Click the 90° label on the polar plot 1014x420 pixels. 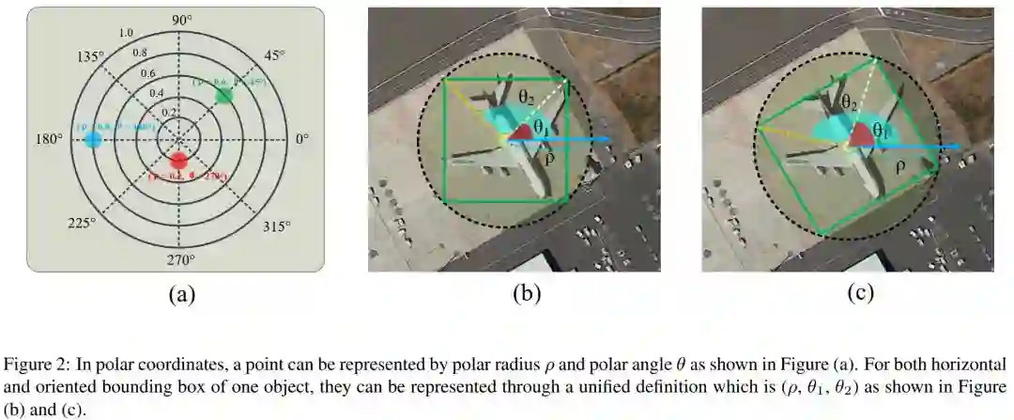pyautogui.click(x=180, y=21)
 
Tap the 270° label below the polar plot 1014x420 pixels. pyautogui.click(x=180, y=259)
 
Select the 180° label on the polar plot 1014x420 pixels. pyautogui.click(x=49, y=139)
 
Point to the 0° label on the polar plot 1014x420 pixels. pyautogui.click(x=302, y=139)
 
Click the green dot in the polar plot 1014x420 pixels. pyautogui.click(x=223, y=95)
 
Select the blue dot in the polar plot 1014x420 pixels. pyautogui.click(x=92, y=140)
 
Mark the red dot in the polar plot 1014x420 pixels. pyautogui.click(x=179, y=159)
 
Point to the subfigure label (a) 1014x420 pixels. pyautogui.click(x=181, y=294)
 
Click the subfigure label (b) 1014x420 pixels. pyautogui.click(x=526, y=294)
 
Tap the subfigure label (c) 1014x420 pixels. pyautogui.click(x=860, y=294)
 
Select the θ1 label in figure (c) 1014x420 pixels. pyautogui.click(x=881, y=132)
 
